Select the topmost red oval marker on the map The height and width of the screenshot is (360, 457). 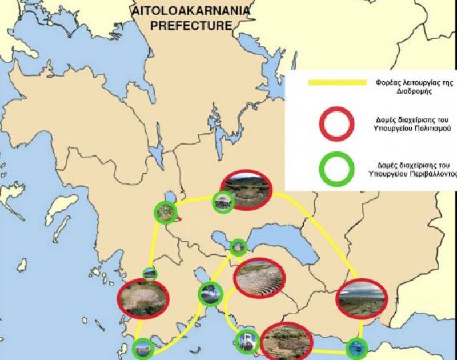tap(247, 190)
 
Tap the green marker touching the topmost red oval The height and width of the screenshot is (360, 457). tap(222, 202)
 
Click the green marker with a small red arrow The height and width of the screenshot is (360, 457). tap(165, 213)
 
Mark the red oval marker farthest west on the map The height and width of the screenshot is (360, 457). tap(143, 298)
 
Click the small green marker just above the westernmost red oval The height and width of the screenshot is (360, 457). tap(150, 274)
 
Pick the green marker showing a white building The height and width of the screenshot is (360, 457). tap(248, 341)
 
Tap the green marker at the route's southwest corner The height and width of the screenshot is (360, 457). tap(143, 348)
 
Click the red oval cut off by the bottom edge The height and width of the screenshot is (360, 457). tap(286, 342)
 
